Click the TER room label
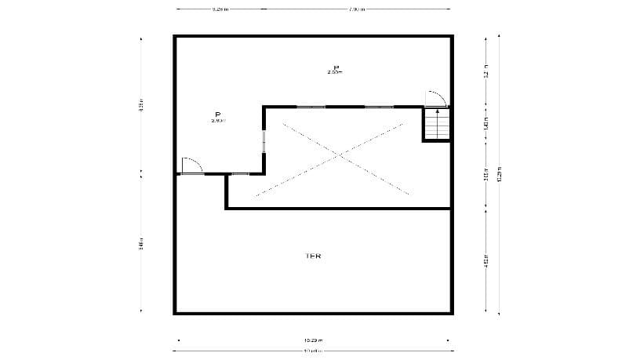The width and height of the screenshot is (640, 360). pyautogui.click(x=313, y=256)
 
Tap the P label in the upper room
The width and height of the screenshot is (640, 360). pyautogui.click(x=336, y=68)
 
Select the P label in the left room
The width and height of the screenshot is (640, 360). pyautogui.click(x=218, y=115)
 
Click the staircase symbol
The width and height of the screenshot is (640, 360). pyautogui.click(x=438, y=124)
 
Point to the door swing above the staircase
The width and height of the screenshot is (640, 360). pyautogui.click(x=435, y=98)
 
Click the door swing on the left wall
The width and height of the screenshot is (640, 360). pyautogui.click(x=191, y=165)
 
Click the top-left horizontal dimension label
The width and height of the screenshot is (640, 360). pyautogui.click(x=220, y=9)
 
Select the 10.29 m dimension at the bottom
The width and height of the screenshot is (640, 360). pyautogui.click(x=313, y=340)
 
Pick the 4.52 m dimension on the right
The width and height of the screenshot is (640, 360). pyautogui.click(x=486, y=260)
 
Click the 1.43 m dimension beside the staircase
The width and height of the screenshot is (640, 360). pyautogui.click(x=486, y=124)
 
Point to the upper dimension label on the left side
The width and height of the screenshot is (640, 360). pyautogui.click(x=140, y=104)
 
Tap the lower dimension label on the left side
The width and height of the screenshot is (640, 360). pyautogui.click(x=140, y=243)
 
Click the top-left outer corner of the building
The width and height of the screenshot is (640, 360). pyautogui.click(x=175, y=36)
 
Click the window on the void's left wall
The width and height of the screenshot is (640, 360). pyautogui.click(x=264, y=140)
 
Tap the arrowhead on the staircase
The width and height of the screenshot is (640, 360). pyautogui.click(x=437, y=112)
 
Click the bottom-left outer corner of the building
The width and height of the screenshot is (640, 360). pyautogui.click(x=175, y=312)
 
